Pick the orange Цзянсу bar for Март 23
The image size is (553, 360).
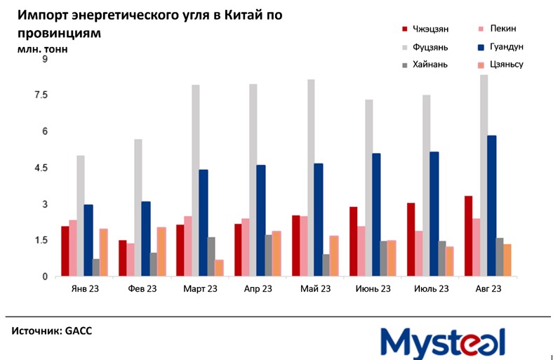click(x=220, y=268)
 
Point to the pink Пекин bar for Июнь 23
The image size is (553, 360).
click(x=361, y=251)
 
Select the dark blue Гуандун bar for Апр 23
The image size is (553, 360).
click(x=261, y=220)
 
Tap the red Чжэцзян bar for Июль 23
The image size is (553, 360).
click(x=411, y=239)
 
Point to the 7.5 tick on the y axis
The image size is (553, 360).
click(x=41, y=95)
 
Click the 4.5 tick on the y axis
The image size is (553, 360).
click(x=41, y=168)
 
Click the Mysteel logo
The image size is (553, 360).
click(x=443, y=342)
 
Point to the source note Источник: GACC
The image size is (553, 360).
click(x=52, y=329)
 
